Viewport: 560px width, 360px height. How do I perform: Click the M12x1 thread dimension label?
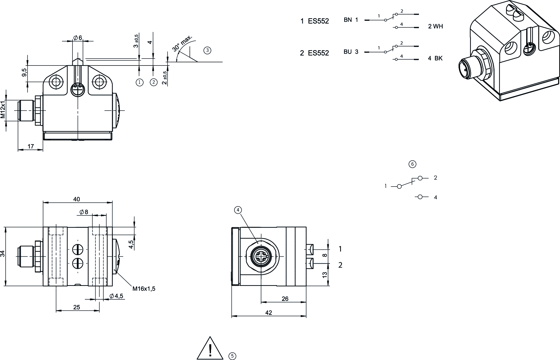pyautogui.click(x=3, y=110)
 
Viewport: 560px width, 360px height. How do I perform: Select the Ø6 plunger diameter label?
pyautogui.click(x=78, y=38)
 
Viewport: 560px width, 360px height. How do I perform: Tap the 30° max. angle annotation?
pyautogui.click(x=182, y=43)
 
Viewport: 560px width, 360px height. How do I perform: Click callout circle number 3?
pyautogui.click(x=207, y=50)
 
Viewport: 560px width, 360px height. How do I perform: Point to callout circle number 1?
pyautogui.click(x=139, y=82)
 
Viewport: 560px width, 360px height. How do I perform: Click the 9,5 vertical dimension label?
pyautogui.click(x=24, y=73)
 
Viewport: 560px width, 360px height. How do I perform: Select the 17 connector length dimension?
pyautogui.click(x=31, y=146)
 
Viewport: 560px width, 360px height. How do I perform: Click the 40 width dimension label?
pyautogui.click(x=77, y=199)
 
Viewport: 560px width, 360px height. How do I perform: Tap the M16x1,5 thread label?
pyautogui.click(x=144, y=289)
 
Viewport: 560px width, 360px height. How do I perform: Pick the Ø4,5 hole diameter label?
pyautogui.click(x=116, y=296)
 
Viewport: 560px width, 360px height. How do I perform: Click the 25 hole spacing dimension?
pyautogui.click(x=77, y=307)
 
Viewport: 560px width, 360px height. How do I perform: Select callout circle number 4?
pyautogui.click(x=238, y=210)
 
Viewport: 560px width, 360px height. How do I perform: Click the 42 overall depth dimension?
pyautogui.click(x=268, y=313)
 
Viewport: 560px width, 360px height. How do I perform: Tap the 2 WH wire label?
pyautogui.click(x=435, y=26)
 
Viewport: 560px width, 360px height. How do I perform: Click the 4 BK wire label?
pyautogui.click(x=435, y=58)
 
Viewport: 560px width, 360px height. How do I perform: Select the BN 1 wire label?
pyautogui.click(x=351, y=20)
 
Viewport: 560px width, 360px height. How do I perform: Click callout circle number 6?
pyautogui.click(x=412, y=164)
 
